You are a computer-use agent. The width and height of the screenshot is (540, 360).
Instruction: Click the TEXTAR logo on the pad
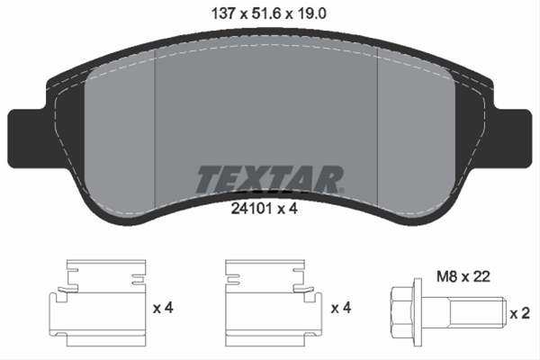click(268, 179)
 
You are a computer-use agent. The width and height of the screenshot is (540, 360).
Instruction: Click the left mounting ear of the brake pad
click(25, 130)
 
